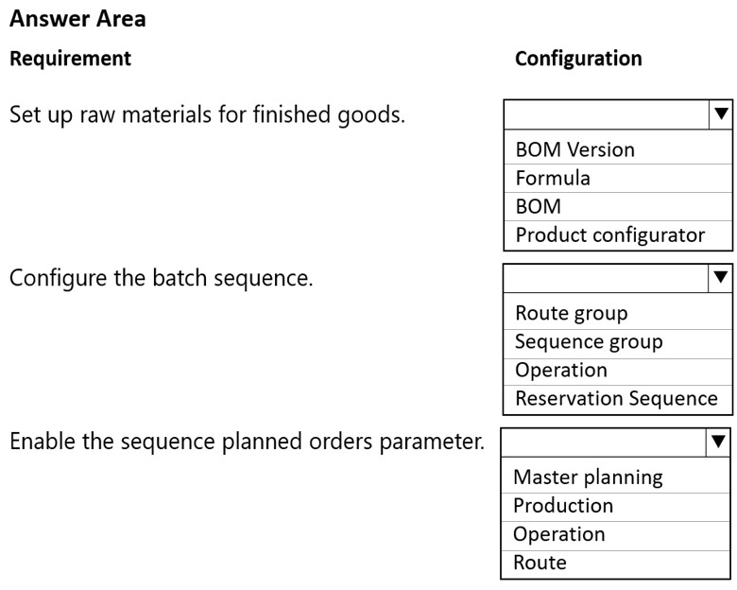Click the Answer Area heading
77,19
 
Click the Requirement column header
71,59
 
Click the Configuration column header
578,59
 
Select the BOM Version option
574,149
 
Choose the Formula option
553,178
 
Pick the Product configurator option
610,234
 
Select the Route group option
571,313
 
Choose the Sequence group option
589,342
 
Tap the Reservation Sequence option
616,398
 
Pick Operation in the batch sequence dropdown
561,371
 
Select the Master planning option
588,477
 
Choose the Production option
563,506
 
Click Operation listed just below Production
558,534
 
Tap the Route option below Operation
540,563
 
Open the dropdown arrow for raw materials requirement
721,113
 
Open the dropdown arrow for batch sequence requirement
721,278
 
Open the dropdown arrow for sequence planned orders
718,442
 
